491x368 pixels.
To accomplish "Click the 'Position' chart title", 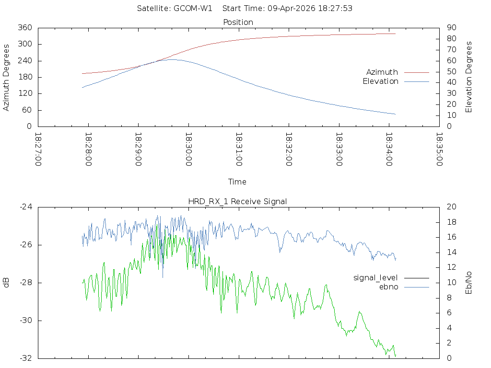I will [238, 22].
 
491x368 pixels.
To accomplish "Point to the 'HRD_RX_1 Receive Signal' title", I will [238, 201].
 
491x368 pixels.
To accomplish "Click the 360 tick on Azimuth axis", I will [25, 28].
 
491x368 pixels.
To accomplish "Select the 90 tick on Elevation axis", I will [451, 28].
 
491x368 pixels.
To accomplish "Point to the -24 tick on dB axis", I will [25, 207].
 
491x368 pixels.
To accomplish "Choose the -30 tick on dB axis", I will [25, 321].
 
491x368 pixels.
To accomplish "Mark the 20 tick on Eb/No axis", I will [451, 207].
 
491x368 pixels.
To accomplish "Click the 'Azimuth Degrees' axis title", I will [7, 77].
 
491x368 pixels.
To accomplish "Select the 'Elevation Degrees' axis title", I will [469, 77].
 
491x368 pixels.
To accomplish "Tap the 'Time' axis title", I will [237, 182].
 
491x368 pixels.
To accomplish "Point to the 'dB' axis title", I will [7, 282].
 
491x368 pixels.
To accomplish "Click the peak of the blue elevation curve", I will [171, 59].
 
